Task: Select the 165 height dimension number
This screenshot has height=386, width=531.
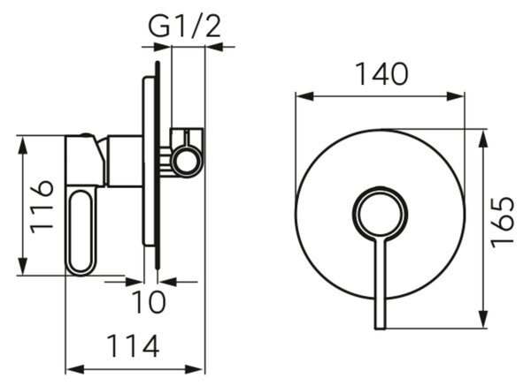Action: pyautogui.click(x=503, y=223)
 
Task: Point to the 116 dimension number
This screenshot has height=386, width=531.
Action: pyautogui.click(x=42, y=208)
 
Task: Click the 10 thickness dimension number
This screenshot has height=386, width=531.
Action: pyautogui.click(x=149, y=301)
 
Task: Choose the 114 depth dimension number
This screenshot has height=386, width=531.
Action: pyautogui.click(x=133, y=346)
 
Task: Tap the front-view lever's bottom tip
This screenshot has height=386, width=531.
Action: pyautogui.click(x=381, y=329)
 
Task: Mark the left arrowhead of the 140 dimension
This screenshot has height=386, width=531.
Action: pyautogui.click(x=304, y=96)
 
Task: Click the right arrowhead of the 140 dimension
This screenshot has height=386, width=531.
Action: pyautogui.click(x=456, y=96)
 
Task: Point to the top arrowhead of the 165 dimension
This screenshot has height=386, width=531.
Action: pyautogui.click(x=484, y=139)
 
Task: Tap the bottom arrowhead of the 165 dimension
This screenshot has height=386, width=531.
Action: pyautogui.click(x=484, y=318)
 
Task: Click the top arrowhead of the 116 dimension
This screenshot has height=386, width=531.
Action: pyautogui.click(x=23, y=145)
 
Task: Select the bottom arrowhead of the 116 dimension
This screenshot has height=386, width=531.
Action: pyautogui.click(x=23, y=267)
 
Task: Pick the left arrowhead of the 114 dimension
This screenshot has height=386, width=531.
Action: pyautogui.click(x=74, y=369)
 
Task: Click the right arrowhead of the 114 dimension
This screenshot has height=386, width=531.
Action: pyautogui.click(x=195, y=369)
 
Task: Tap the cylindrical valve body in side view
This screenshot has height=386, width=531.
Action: pyautogui.click(x=124, y=161)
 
